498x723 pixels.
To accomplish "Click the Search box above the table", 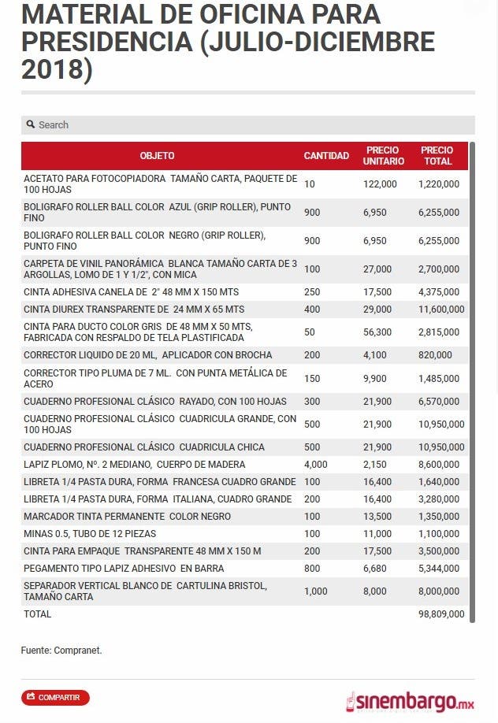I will [x=247, y=124].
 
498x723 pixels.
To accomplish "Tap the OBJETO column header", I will [x=157, y=156].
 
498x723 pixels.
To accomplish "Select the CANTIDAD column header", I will [x=326, y=156].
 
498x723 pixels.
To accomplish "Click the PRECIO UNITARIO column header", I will [x=384, y=156].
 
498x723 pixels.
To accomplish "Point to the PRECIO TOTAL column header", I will [x=437, y=156].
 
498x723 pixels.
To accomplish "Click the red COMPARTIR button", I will [x=55, y=697].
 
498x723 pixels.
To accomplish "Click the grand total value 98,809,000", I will [x=441, y=614].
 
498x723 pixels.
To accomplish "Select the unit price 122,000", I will [x=380, y=184].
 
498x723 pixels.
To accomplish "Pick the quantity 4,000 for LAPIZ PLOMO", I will [x=316, y=465].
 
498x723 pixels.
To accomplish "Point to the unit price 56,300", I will [x=377, y=332].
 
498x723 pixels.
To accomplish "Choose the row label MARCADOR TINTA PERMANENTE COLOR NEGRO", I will [x=127, y=517].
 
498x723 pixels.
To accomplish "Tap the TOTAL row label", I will [x=37, y=614].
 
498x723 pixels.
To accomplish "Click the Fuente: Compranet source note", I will [x=61, y=651].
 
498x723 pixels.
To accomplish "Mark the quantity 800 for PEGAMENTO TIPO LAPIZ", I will [x=312, y=569].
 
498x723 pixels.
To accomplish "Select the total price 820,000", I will [x=436, y=355].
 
